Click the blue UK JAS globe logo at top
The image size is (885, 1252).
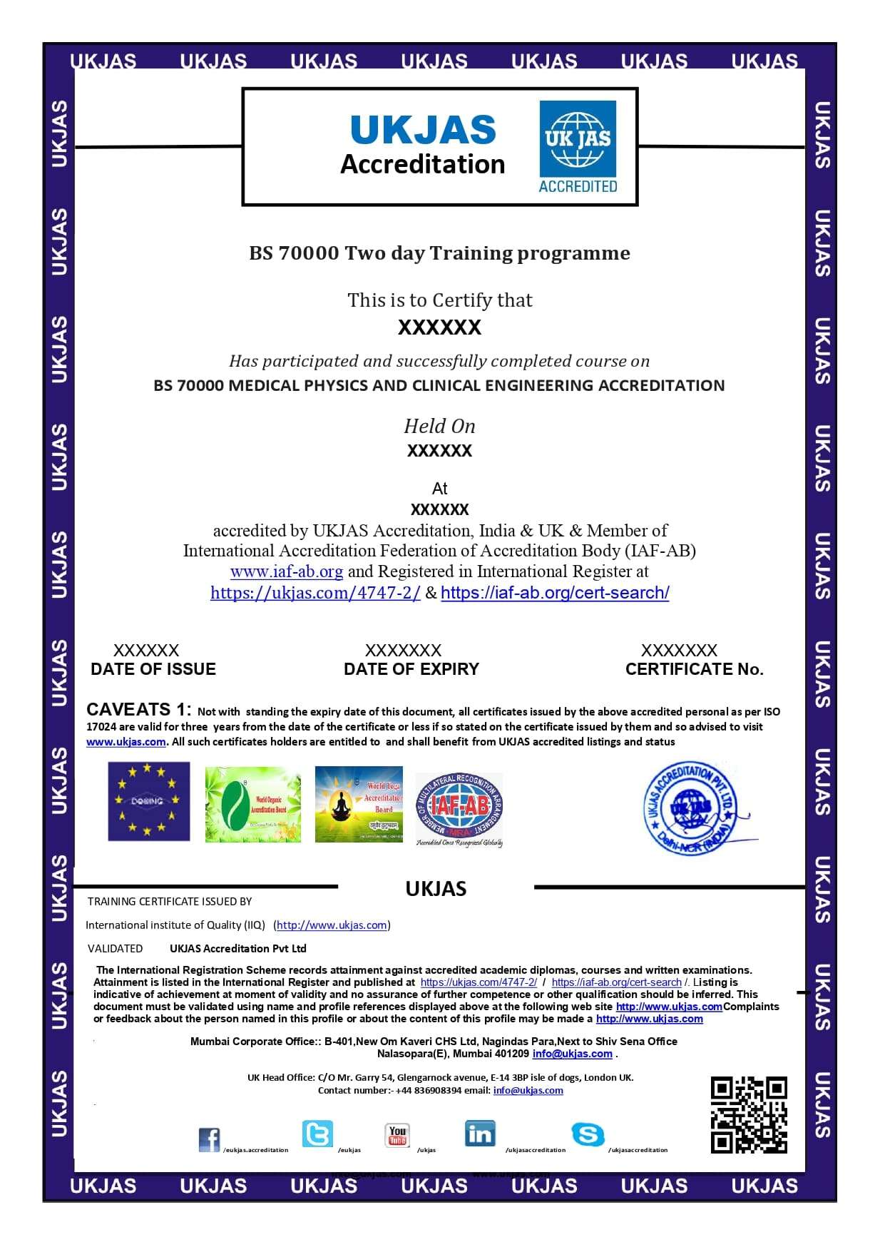coord(578,146)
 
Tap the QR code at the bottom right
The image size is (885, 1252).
coord(748,1114)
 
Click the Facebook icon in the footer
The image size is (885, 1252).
coord(209,1139)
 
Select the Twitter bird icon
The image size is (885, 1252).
coord(317,1133)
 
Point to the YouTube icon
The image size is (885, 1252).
coord(397,1134)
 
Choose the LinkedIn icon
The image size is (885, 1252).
coord(479,1133)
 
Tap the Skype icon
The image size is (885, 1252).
coord(588,1134)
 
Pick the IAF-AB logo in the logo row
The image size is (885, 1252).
coord(459,809)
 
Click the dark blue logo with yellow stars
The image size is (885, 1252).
coord(148,801)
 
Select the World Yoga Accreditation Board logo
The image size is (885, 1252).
coord(359,804)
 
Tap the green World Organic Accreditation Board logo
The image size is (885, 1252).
coord(252,804)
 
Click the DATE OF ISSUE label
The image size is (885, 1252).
coord(153,669)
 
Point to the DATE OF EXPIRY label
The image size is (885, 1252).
coord(411,669)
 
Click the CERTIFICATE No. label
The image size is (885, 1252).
coord(694,669)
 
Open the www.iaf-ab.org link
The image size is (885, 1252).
coord(287,571)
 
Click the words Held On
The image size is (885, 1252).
coord(439,426)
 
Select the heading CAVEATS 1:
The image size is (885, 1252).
coord(138,709)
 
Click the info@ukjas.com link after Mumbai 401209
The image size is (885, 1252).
coord(573,1054)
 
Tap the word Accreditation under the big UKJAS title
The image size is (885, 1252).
coord(423,164)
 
